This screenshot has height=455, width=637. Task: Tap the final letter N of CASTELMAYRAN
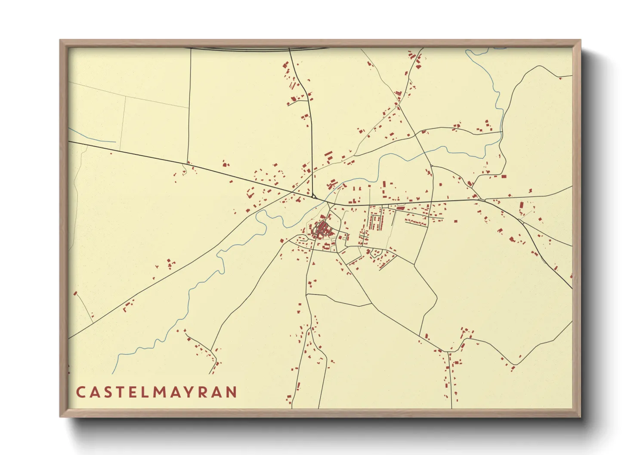click(231, 392)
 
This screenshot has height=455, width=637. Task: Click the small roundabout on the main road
click(314, 197)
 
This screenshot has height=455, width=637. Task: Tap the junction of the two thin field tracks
click(125, 96)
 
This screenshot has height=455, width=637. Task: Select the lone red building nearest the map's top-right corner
click(560, 78)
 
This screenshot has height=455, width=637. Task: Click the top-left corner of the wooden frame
click(60, 40)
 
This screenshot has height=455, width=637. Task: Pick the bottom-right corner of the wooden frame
click(581, 417)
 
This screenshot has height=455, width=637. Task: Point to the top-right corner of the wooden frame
click(581, 40)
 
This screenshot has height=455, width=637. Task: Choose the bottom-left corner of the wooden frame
click(60, 417)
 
